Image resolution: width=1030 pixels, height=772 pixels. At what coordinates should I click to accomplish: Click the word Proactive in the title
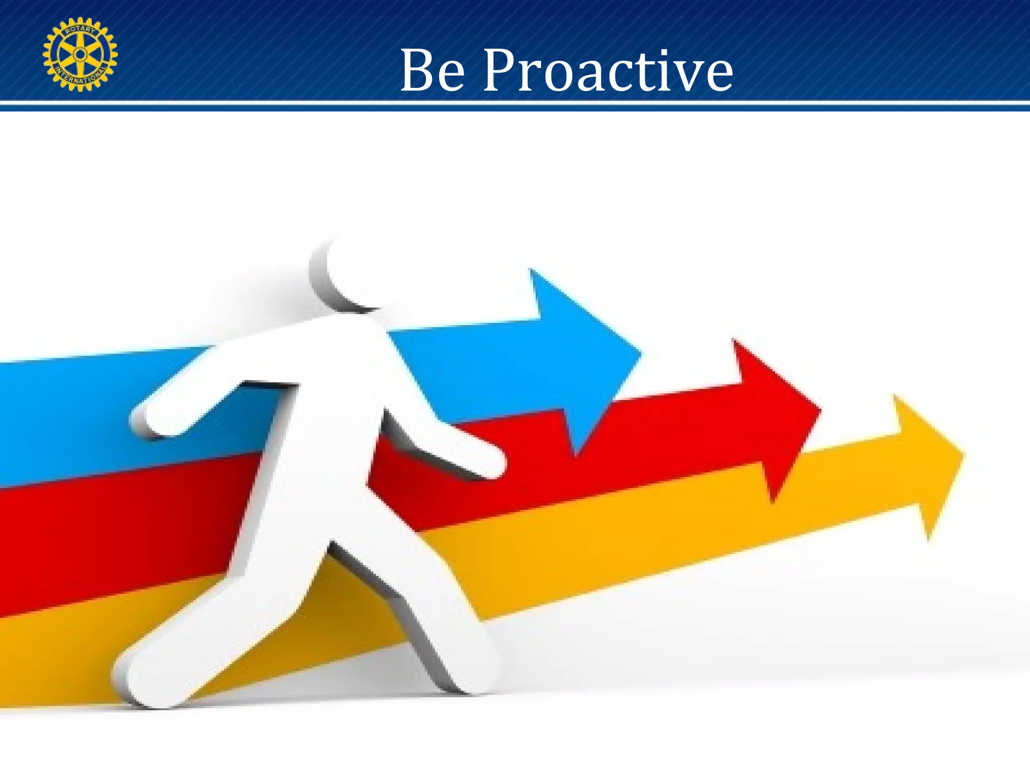pos(608,71)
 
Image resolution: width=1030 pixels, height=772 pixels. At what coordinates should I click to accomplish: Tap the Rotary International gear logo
pos(80,54)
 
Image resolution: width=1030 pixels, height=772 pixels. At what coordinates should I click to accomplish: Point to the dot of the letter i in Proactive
pos(667,52)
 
